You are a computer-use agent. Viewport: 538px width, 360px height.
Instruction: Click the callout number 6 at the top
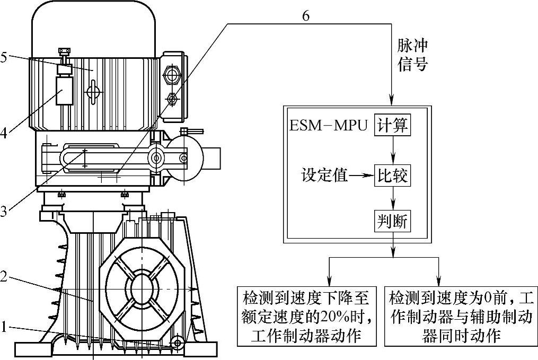pyautogui.click(x=306, y=15)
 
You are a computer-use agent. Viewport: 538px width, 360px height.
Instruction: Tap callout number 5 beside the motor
pyautogui.click(x=5, y=57)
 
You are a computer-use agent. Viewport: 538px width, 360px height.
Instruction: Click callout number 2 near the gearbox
pyautogui.click(x=4, y=277)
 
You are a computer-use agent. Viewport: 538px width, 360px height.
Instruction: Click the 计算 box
pyautogui.click(x=392, y=126)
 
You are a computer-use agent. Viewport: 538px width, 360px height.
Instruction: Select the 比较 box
pyautogui.click(x=392, y=175)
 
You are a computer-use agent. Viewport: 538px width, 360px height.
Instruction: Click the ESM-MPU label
pyautogui.click(x=329, y=127)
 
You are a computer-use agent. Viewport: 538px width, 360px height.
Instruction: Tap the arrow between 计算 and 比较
pyautogui.click(x=392, y=151)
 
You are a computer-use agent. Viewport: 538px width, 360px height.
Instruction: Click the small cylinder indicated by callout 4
pyautogui.click(x=64, y=91)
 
